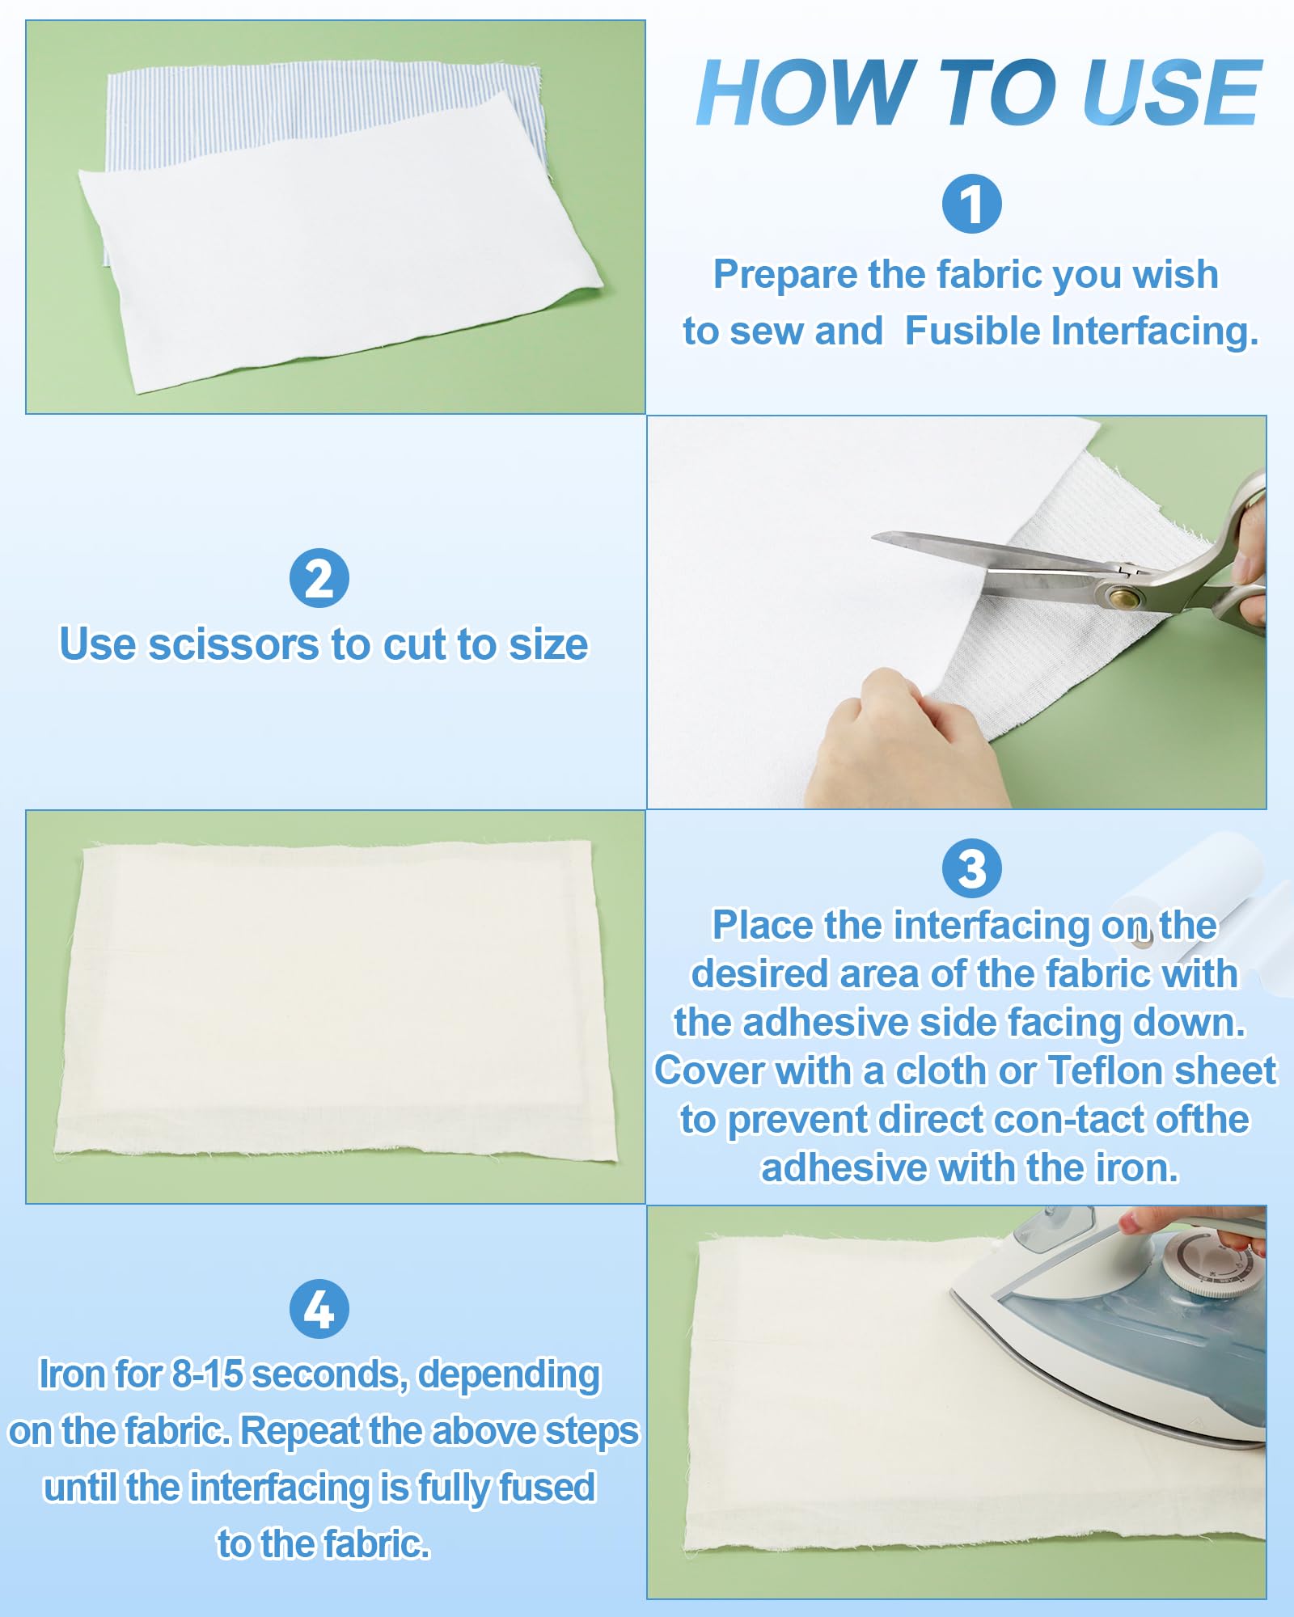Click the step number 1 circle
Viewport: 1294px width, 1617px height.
pyautogui.click(x=971, y=204)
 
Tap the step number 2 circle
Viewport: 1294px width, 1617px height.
pyautogui.click(x=319, y=578)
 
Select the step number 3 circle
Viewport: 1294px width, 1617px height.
pyautogui.click(x=971, y=868)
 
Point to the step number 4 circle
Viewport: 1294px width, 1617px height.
pyautogui.click(x=319, y=1309)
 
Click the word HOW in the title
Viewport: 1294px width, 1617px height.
pyautogui.click(x=807, y=93)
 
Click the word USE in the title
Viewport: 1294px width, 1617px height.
pyautogui.click(x=1172, y=93)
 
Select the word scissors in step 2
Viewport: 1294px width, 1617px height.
pyautogui.click(x=234, y=645)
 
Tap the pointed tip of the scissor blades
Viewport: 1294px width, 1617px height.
pyautogui.click(x=875, y=537)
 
